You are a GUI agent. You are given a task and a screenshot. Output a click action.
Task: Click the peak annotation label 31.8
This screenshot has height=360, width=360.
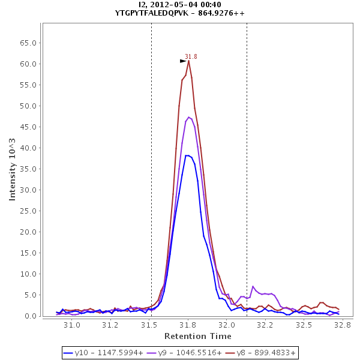pos(191,56)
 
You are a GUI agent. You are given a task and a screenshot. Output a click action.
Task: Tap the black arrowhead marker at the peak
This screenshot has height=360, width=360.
pos(183,61)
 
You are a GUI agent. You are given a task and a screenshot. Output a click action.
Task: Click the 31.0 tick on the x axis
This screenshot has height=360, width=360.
pos(72,325)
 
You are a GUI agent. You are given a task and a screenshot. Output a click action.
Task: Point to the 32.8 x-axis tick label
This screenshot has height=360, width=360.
pos(343,325)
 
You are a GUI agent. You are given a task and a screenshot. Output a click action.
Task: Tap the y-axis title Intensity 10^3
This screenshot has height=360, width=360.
pos(12,169)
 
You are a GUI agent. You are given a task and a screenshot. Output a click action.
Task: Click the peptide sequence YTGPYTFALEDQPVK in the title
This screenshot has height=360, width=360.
pos(153,13)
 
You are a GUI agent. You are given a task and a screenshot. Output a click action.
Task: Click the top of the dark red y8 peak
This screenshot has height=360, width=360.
pos(188,61)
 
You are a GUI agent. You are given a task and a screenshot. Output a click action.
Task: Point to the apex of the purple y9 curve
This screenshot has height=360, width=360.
pos(189,117)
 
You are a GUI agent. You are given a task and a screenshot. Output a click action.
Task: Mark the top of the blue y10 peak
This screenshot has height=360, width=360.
pos(188,155)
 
